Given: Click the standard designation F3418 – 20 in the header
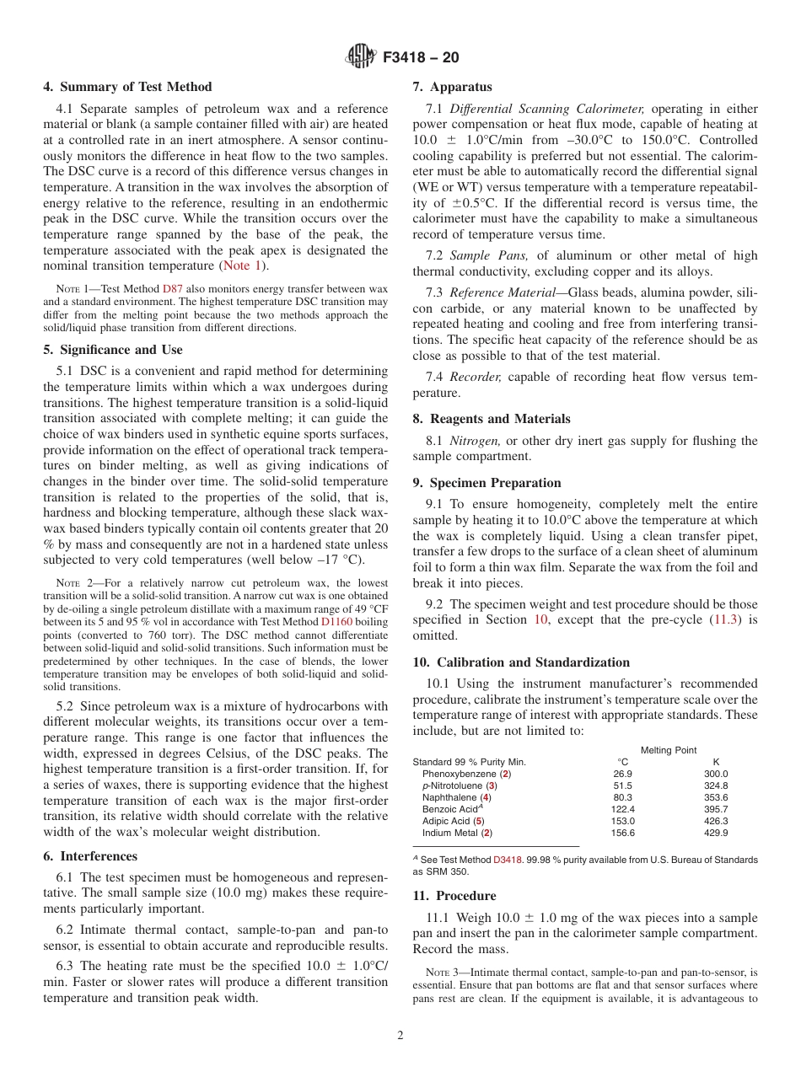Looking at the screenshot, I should click(x=421, y=58).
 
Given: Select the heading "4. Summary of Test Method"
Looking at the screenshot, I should click(x=127, y=87).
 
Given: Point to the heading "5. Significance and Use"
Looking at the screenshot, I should click(x=112, y=350).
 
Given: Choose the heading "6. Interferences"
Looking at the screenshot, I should click(x=90, y=855).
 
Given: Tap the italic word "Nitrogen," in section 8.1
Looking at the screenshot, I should click(x=476, y=441).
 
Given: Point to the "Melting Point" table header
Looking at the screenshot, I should click(x=669, y=750).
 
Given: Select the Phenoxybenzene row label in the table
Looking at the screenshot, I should click(x=466, y=774).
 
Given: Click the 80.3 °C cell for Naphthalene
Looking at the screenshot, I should click(x=622, y=797).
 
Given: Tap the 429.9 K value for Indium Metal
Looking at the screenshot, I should click(x=715, y=833).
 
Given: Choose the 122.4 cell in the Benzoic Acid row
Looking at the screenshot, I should click(x=622, y=809).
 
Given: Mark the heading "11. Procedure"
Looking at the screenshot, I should click(x=454, y=896).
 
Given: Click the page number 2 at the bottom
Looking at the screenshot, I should click(x=400, y=1036).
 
